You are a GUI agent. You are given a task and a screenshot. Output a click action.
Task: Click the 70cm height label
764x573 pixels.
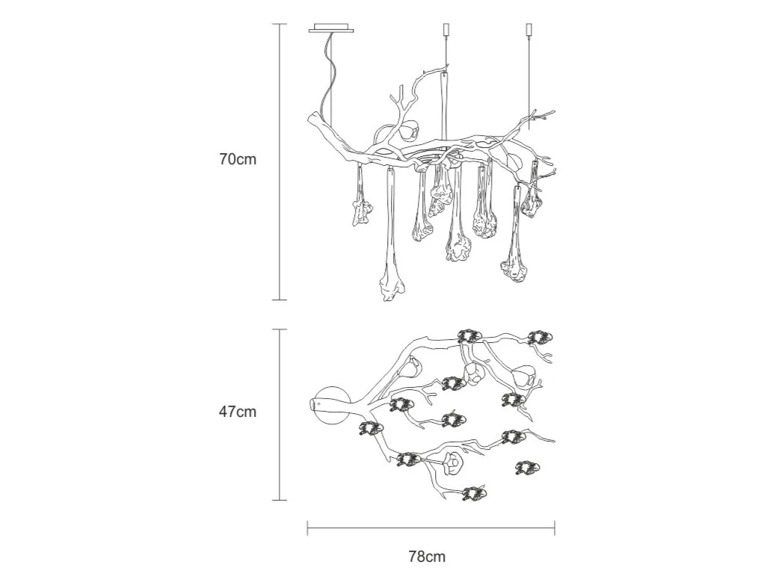point(238,159)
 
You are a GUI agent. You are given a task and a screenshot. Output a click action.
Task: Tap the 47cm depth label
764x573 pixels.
point(237,412)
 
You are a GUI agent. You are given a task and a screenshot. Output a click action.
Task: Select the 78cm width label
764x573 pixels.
point(428,556)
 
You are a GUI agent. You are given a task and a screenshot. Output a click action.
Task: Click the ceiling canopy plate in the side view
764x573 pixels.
point(331,28)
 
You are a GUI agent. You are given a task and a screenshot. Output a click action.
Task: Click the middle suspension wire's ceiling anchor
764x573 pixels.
point(445,29)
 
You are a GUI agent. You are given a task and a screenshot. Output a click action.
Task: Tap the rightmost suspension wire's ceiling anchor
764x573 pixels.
point(529,29)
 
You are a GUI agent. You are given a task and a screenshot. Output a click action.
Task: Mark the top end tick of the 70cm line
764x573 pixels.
point(279,25)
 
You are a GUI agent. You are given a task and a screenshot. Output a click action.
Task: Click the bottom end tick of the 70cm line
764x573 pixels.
point(279,300)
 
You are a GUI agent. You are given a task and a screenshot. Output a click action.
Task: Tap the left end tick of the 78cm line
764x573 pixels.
point(307,527)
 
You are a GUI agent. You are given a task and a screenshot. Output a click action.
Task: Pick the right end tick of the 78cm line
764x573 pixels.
point(555,527)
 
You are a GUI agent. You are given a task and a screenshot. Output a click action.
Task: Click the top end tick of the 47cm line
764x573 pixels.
point(279,329)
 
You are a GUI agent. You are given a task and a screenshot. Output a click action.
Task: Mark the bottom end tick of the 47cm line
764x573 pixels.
point(279,500)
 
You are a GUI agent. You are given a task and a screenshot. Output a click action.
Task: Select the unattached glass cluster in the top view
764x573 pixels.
point(528,468)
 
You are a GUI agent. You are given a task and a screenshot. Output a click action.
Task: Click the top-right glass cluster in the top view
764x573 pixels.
point(540,337)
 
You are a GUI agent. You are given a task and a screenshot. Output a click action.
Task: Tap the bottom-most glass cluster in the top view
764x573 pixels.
point(474,494)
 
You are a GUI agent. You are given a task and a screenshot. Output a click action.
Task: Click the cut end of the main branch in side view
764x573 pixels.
point(313,117)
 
